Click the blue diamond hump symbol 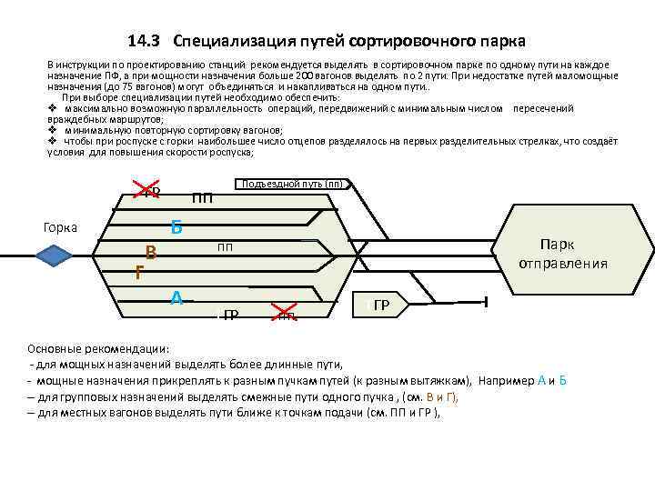pyautogui.click(x=55, y=256)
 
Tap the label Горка pyautogui.click(x=60, y=227)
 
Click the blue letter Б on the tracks pyautogui.click(x=176, y=228)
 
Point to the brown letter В pyautogui.click(x=152, y=254)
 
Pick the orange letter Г pyautogui.click(x=138, y=271)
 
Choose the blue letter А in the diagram pyautogui.click(x=177, y=296)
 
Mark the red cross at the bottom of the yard pyautogui.click(x=286, y=315)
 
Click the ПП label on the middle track pyautogui.click(x=225, y=246)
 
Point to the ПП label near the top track pyautogui.click(x=203, y=198)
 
